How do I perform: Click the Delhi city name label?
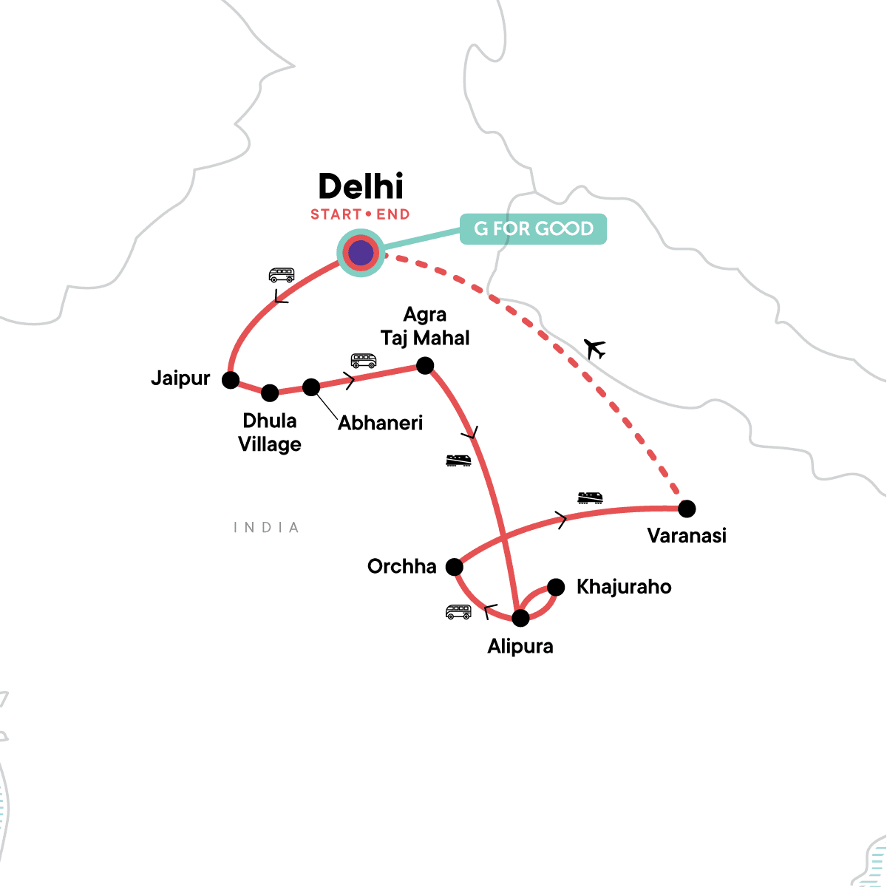click(x=361, y=187)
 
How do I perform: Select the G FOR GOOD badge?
click(x=533, y=229)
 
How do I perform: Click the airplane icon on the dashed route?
click(x=594, y=348)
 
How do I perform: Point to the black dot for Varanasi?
click(x=687, y=509)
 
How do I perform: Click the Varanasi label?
click(x=687, y=535)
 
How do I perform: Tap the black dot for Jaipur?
click(x=231, y=380)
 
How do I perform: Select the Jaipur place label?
click(x=180, y=378)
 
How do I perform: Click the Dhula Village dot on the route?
click(x=270, y=392)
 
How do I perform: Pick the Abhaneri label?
click(x=380, y=423)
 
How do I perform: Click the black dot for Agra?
click(x=425, y=365)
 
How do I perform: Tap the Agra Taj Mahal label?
click(x=425, y=327)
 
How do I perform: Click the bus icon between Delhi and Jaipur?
click(x=281, y=276)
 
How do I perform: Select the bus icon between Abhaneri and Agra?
click(x=363, y=361)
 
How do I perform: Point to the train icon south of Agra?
click(x=458, y=461)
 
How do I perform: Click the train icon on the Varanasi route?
click(x=590, y=497)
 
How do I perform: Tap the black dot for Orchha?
click(x=454, y=567)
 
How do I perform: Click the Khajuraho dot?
click(x=556, y=587)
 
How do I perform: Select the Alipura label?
click(x=520, y=646)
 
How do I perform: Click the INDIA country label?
click(x=266, y=528)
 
